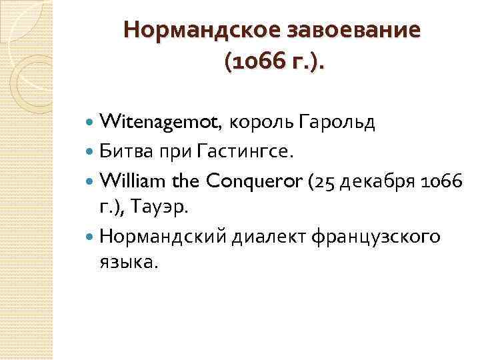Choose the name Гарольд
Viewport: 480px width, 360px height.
point(337,122)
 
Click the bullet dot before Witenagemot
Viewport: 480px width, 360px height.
point(91,123)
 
